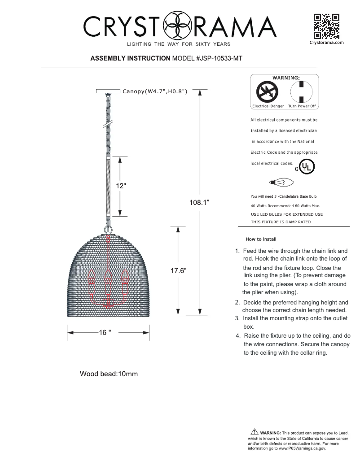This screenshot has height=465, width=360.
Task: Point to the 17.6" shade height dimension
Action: pos(179,270)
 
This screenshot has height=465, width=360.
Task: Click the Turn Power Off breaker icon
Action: pos(302,92)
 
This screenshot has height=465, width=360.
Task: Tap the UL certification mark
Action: pos(307,167)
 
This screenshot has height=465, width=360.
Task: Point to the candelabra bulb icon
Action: pos(281,182)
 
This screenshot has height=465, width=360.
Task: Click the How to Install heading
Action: pos(261,239)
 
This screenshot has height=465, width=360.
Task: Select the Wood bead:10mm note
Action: pos(109,374)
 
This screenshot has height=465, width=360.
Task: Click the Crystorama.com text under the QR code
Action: pos(326,43)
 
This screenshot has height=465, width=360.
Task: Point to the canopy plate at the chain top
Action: pos(109,91)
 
